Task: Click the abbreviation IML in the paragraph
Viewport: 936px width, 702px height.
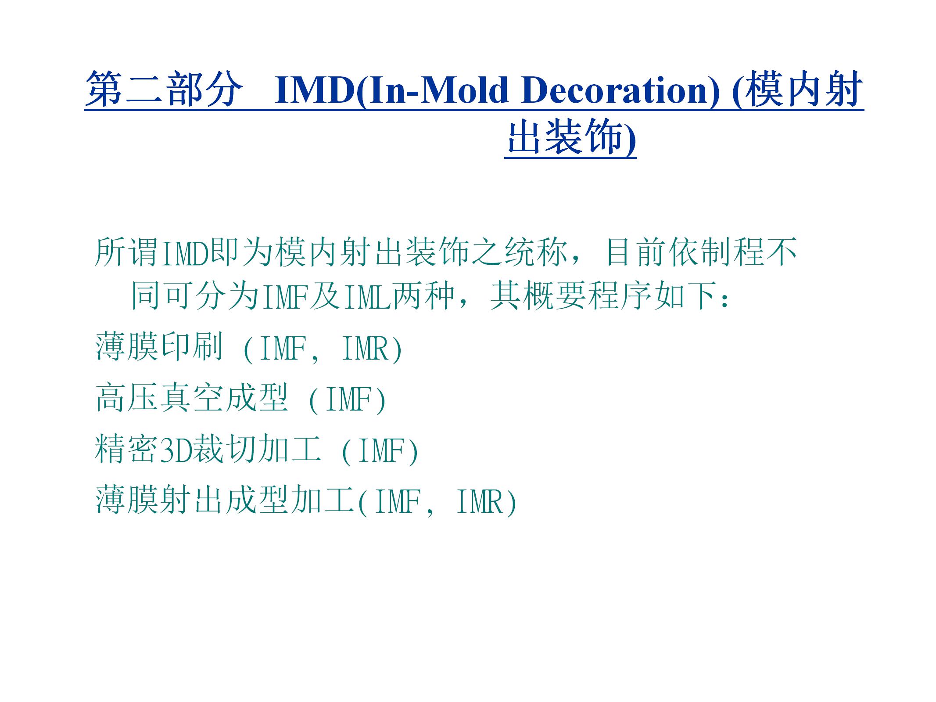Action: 367,297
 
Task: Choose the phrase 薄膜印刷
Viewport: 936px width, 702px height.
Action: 159,346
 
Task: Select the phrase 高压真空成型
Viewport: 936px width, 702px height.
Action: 191,397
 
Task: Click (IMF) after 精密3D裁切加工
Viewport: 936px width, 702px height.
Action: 380,451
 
